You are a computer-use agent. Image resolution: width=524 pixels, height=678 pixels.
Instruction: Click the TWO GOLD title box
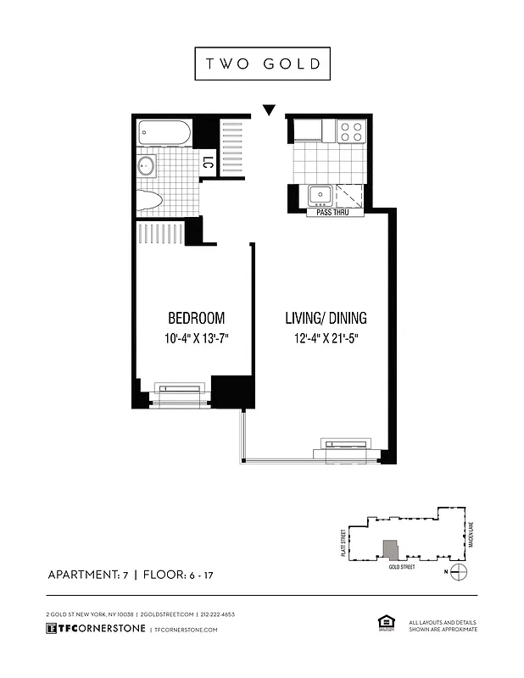coord(262,64)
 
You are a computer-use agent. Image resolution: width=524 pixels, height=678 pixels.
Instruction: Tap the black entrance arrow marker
coord(269,109)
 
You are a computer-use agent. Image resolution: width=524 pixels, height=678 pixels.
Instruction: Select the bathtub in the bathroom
coord(165,133)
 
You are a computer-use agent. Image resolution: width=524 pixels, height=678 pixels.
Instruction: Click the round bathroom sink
coord(146,165)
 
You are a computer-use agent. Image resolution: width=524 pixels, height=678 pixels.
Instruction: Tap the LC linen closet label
coord(207,163)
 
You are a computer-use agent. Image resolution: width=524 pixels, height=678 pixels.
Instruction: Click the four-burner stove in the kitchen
coord(352,131)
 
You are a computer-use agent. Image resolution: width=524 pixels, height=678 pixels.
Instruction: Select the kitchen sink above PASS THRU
coord(321,195)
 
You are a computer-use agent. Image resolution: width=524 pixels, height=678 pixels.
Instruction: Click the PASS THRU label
coord(336,213)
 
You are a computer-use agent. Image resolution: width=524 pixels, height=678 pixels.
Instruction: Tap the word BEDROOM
coord(196,319)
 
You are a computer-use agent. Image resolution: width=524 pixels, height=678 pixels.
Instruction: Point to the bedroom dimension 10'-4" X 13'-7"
coord(196,339)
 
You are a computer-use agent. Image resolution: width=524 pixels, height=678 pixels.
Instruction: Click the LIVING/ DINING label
coord(326,319)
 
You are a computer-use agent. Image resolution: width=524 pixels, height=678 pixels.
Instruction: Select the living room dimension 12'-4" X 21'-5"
coord(326,339)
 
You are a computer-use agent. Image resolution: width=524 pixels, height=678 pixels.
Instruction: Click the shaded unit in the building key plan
coord(389,548)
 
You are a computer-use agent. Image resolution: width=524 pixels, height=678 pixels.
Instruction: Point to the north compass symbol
coord(458,572)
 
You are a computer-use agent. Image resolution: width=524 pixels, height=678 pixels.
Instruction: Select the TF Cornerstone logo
coord(95,629)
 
